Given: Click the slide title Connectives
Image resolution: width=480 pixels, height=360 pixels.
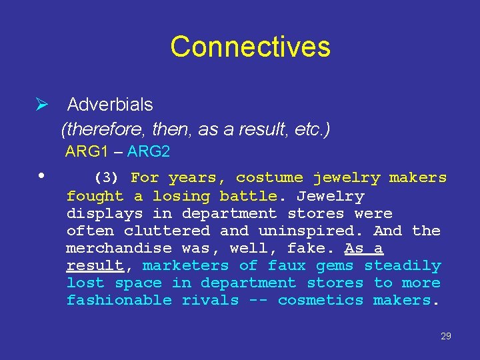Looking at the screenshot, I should [250, 47].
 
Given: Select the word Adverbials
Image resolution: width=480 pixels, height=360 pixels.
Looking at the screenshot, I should [110, 105].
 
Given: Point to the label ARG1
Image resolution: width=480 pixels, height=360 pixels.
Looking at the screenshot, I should [86, 152].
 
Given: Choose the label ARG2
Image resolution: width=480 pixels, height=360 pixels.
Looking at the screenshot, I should [149, 152].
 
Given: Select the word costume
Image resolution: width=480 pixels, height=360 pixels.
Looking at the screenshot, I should [269, 178].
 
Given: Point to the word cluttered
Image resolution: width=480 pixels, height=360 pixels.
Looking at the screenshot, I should [167, 231].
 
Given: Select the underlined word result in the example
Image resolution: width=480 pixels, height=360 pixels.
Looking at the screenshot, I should [95, 265].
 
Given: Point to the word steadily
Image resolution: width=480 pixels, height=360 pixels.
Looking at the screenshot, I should [402, 265].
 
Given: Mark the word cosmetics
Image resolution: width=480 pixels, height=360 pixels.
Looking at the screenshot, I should [321, 300].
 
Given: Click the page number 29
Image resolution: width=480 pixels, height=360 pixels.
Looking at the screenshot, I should [446, 336].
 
